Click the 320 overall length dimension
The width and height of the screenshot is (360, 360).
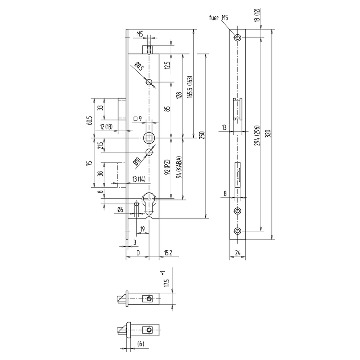click(269, 134)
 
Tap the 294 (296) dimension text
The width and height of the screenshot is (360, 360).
click(257, 136)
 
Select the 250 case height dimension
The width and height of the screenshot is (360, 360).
click(202, 136)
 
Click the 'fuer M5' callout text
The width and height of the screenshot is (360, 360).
click(218, 18)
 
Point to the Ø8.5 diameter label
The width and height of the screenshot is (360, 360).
click(139, 66)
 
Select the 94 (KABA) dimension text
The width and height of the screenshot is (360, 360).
click(180, 167)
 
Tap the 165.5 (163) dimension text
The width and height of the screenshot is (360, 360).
click(190, 87)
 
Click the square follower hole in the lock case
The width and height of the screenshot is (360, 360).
click(150, 138)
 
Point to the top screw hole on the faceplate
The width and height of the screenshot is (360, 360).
click(238, 38)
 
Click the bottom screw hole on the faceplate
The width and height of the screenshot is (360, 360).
click(238, 231)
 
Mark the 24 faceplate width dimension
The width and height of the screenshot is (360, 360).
click(238, 253)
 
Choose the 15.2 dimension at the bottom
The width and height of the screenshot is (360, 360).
click(168, 253)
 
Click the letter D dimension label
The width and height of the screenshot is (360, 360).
click(138, 253)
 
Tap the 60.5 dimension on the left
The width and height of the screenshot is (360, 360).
click(90, 120)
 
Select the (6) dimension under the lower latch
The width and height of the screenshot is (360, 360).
click(140, 344)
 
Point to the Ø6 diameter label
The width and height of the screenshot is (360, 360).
click(120, 210)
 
